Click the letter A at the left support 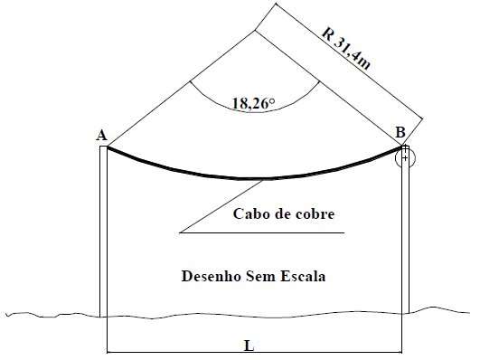tap(102, 136)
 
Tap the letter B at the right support tap(400, 132)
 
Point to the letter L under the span tap(249, 345)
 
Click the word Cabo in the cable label tap(253, 214)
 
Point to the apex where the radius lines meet tap(256, 33)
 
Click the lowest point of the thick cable tap(256, 178)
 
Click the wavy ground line tap(54, 315)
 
